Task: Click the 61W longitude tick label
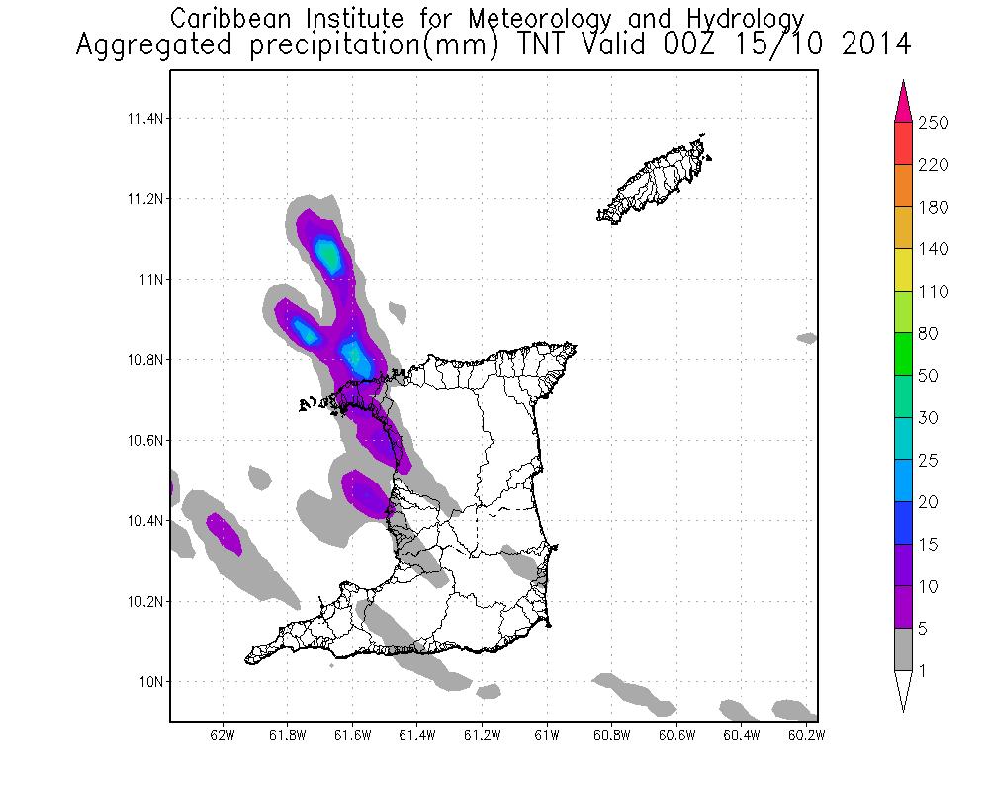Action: pos(547,735)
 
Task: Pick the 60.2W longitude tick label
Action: pos(806,735)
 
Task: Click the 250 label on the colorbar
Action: pos(935,123)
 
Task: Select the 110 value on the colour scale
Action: pos(935,292)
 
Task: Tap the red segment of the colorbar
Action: pos(902,143)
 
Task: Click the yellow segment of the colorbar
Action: pos(902,270)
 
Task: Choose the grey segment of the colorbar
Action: pos(902,650)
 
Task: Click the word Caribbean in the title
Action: pos(233,18)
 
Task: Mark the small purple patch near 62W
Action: pos(224,532)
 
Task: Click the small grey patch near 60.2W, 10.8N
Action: pos(807,338)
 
